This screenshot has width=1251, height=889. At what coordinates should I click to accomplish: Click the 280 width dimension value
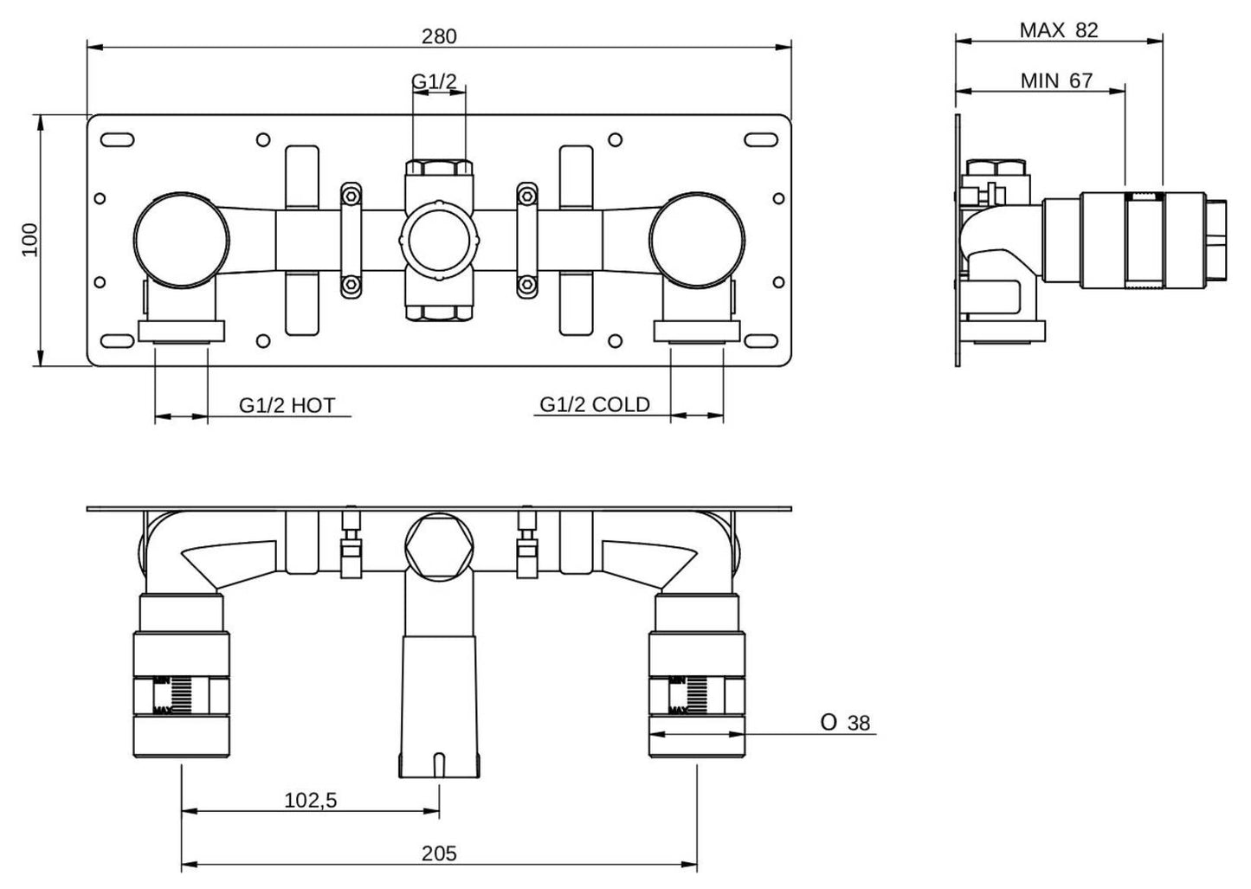pyautogui.click(x=439, y=36)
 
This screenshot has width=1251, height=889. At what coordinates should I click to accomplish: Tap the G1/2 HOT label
pyautogui.click(x=287, y=404)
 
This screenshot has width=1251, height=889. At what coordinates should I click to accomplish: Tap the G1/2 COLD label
pyautogui.click(x=594, y=404)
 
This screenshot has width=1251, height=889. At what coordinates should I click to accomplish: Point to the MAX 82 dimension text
pyautogui.click(x=1058, y=30)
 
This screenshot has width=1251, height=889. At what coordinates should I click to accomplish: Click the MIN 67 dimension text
pyautogui.click(x=1056, y=81)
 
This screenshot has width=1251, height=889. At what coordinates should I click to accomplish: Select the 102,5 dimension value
pyautogui.click(x=310, y=801)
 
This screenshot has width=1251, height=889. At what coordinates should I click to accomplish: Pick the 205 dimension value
pyautogui.click(x=439, y=854)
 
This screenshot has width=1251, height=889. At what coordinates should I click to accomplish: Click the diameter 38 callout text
pyautogui.click(x=845, y=723)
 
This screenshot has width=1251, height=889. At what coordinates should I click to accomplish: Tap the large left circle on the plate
pyautogui.click(x=181, y=238)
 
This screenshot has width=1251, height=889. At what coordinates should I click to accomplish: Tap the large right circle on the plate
pyautogui.click(x=697, y=238)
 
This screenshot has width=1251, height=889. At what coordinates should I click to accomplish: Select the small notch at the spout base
pyautogui.click(x=439, y=764)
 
